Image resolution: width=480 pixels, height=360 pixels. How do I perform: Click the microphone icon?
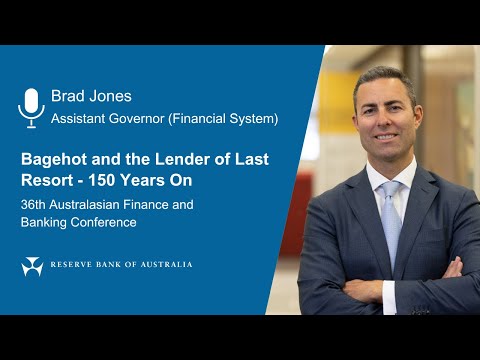pos(32,107)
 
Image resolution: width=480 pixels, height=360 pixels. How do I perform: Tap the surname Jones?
pos(111,97)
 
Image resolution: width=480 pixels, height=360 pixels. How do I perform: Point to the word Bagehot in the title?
pos(56,158)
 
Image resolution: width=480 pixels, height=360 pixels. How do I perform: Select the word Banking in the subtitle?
pos(46,222)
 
